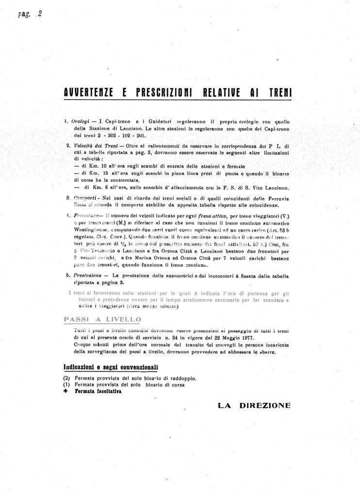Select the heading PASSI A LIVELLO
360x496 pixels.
102,319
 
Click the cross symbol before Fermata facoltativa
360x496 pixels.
66,391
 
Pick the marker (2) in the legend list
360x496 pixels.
67,378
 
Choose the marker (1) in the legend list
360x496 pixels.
67,384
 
